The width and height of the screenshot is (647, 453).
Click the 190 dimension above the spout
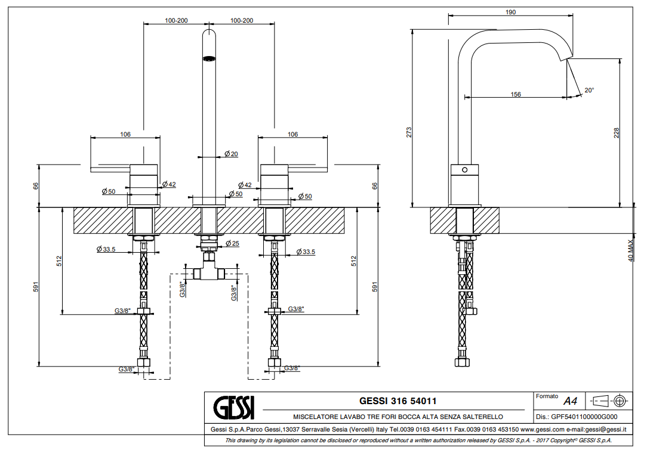pyautogui.click(x=511, y=12)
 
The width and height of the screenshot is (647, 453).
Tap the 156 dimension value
pyautogui.click(x=516, y=94)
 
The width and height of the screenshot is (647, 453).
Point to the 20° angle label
pyautogui.click(x=589, y=90)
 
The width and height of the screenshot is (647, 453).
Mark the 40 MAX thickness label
pyautogui.click(x=631, y=251)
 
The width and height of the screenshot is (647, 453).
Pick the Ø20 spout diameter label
pyautogui.click(x=231, y=154)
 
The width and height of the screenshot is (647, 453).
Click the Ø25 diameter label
pyautogui.click(x=232, y=243)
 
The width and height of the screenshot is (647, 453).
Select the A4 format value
pyautogui.click(x=571, y=401)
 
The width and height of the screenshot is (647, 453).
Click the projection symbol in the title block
pyautogui.click(x=609, y=400)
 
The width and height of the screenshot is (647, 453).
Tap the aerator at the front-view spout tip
pyautogui.click(x=209, y=58)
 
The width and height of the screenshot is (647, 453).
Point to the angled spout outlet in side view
pyautogui.click(x=564, y=57)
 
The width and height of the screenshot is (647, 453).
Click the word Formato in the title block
pyautogui.click(x=547, y=396)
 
